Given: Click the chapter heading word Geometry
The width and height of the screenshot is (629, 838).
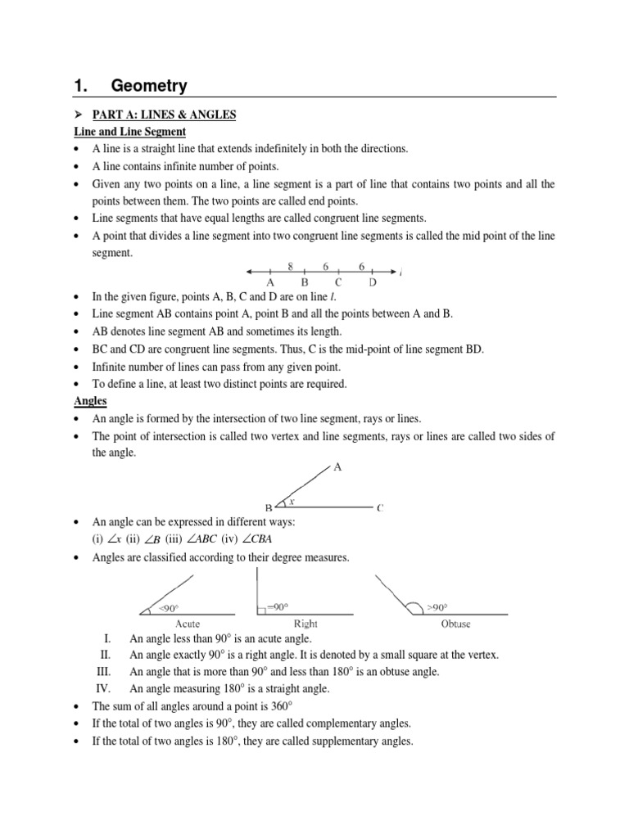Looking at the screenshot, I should pos(149,86).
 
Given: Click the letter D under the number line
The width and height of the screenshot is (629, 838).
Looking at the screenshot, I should pos(373,282).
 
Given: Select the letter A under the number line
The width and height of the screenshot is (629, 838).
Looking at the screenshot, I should pos(270,282).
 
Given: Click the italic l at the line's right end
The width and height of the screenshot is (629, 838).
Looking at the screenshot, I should pos(400,273).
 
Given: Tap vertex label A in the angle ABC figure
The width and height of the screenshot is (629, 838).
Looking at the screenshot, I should pos(338,467).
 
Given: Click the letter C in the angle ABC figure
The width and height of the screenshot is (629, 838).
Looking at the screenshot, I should pos(380,508).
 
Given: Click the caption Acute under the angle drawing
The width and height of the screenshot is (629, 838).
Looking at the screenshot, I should pos(188,624).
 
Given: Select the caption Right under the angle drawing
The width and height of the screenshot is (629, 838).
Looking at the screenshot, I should pos(305,624).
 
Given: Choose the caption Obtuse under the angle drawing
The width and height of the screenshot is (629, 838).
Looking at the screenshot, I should pos(455,624).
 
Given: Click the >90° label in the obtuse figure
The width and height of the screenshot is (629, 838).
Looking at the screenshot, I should pos(437,607).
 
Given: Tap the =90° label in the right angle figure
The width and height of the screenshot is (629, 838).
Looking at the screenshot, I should pos(278,607).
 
